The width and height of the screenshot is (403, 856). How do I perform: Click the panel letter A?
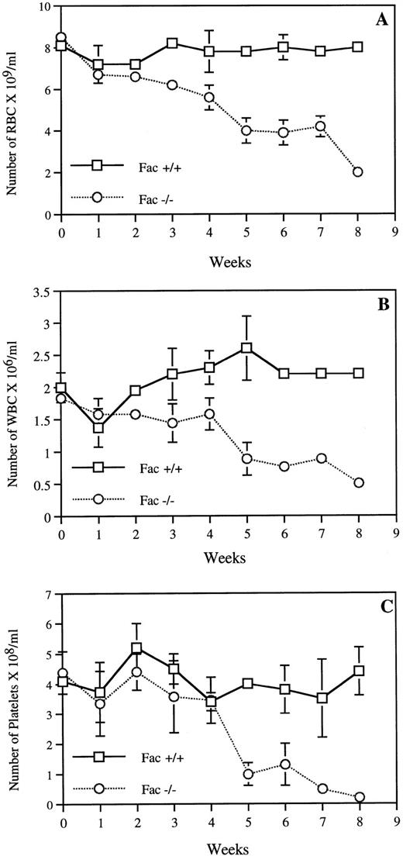pos(382,20)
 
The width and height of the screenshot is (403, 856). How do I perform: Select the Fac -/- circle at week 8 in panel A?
pos(357,172)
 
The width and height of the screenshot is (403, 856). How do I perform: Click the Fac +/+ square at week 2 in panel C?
pos(136,648)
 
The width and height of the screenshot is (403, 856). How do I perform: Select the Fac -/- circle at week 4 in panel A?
pos(209,98)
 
